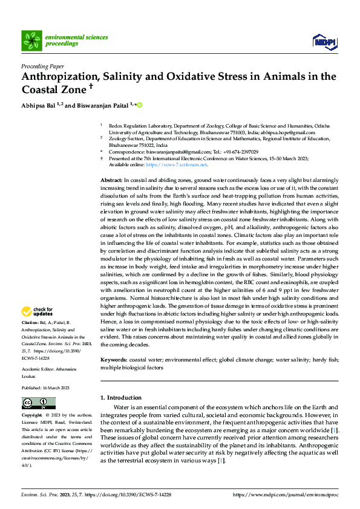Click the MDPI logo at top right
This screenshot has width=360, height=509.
tap(324, 41)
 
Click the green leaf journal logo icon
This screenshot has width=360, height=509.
tap(31, 41)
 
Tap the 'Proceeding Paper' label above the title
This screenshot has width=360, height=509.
tap(44, 66)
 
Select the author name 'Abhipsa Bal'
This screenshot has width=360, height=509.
tap(38, 105)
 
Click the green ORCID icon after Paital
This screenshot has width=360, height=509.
tap(140, 105)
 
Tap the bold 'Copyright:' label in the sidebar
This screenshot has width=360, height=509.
tap(33, 416)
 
